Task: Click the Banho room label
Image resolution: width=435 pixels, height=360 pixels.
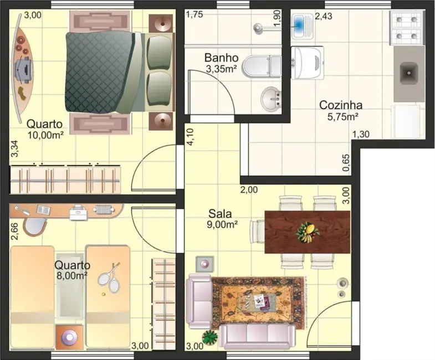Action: [x=222, y=58]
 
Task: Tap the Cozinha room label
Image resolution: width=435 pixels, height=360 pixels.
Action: [x=341, y=105]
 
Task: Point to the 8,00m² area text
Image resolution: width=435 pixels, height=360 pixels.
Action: [x=71, y=276]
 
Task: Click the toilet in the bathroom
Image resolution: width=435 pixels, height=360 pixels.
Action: [x=262, y=66]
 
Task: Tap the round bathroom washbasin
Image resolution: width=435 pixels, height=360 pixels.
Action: [x=271, y=99]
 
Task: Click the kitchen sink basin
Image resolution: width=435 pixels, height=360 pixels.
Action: [x=408, y=73]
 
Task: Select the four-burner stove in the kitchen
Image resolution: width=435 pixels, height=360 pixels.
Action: [x=407, y=28]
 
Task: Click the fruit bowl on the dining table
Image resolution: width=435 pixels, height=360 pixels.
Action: [x=308, y=232]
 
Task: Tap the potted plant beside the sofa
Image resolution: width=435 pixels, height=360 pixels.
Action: [x=209, y=337]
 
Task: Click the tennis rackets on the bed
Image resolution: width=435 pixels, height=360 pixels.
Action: [x=110, y=277]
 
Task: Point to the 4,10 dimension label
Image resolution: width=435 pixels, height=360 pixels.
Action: [x=191, y=137]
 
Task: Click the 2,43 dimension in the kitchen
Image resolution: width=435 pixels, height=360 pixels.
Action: [x=323, y=17]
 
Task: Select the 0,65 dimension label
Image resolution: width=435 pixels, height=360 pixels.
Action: [x=346, y=163]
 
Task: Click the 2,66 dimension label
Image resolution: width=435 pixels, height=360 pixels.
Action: [x=15, y=232]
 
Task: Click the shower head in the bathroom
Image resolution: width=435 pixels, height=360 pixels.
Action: [x=258, y=28]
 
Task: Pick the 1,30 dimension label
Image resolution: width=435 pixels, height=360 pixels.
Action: [x=361, y=134]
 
